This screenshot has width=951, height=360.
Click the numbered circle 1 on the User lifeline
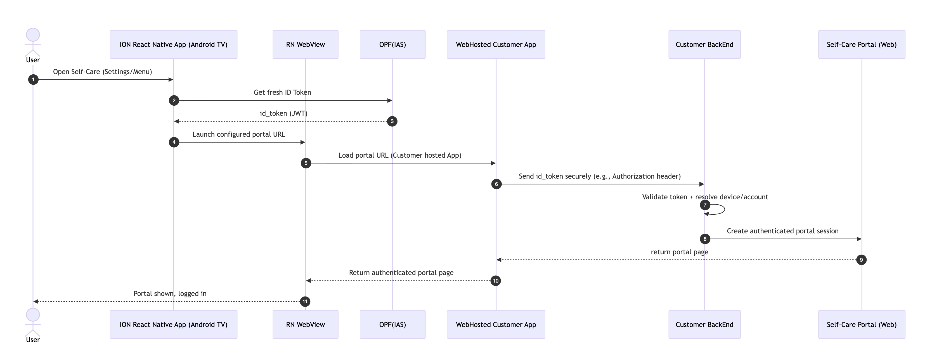tap(33, 79)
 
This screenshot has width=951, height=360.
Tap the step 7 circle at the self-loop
tap(705, 205)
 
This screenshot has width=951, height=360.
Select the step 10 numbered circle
tap(495, 281)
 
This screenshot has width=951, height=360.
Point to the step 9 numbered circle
tap(861, 260)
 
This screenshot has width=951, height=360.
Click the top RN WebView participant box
tap(305, 44)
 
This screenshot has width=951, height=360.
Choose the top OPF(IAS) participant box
tap(392, 44)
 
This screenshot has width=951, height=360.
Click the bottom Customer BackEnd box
tap(704, 324)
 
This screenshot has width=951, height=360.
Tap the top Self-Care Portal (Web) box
tap(862, 44)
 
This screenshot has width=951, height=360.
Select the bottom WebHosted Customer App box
tap(496, 324)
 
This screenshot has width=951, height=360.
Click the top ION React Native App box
tap(174, 44)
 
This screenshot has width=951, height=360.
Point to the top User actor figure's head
tap(33, 35)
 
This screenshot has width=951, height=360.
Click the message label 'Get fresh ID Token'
tap(282, 92)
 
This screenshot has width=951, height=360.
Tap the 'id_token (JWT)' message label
tap(283, 113)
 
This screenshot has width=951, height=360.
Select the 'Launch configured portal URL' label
tap(239, 134)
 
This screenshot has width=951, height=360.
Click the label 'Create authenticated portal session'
tap(783, 231)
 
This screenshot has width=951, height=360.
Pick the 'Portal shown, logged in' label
tap(170, 293)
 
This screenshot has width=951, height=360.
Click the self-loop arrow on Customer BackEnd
tap(725, 209)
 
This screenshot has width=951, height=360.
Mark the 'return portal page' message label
tap(679, 252)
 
